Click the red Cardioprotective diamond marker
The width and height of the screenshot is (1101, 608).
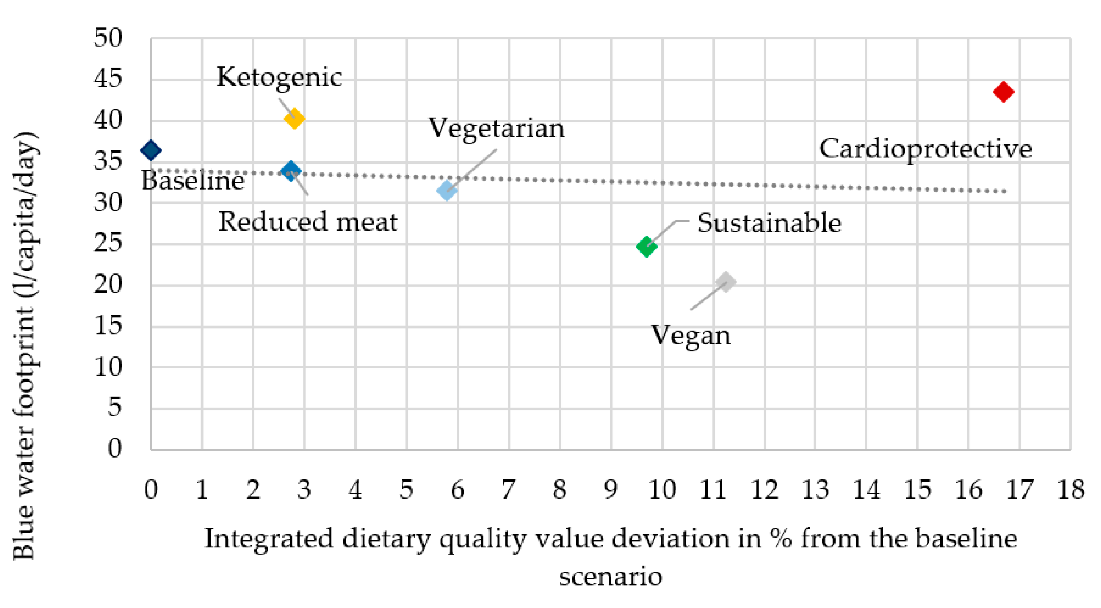tap(1003, 92)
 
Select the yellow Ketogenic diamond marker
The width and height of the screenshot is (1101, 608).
tap(294, 118)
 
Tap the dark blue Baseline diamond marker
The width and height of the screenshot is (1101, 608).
tap(151, 150)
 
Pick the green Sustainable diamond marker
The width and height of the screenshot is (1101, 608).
tap(646, 247)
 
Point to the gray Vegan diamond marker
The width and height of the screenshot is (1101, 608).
tap(726, 282)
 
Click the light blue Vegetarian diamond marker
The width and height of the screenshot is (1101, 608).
tap(447, 190)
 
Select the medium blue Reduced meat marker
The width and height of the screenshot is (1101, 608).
tap(290, 171)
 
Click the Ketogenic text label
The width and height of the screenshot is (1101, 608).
tap(279, 77)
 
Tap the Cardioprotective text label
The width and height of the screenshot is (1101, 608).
tap(926, 149)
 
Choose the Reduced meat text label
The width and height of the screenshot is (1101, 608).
tap(308, 222)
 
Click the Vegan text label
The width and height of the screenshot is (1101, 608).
tap(690, 336)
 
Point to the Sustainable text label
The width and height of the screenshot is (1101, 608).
tap(769, 223)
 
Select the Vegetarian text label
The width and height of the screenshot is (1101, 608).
tap(496, 129)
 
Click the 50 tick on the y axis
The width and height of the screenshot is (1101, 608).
tap(108, 38)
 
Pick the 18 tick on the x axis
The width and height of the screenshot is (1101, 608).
tap(1071, 490)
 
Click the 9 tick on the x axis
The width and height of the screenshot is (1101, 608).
tap(611, 490)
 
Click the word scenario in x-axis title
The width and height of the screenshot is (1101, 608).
tap(611, 576)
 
